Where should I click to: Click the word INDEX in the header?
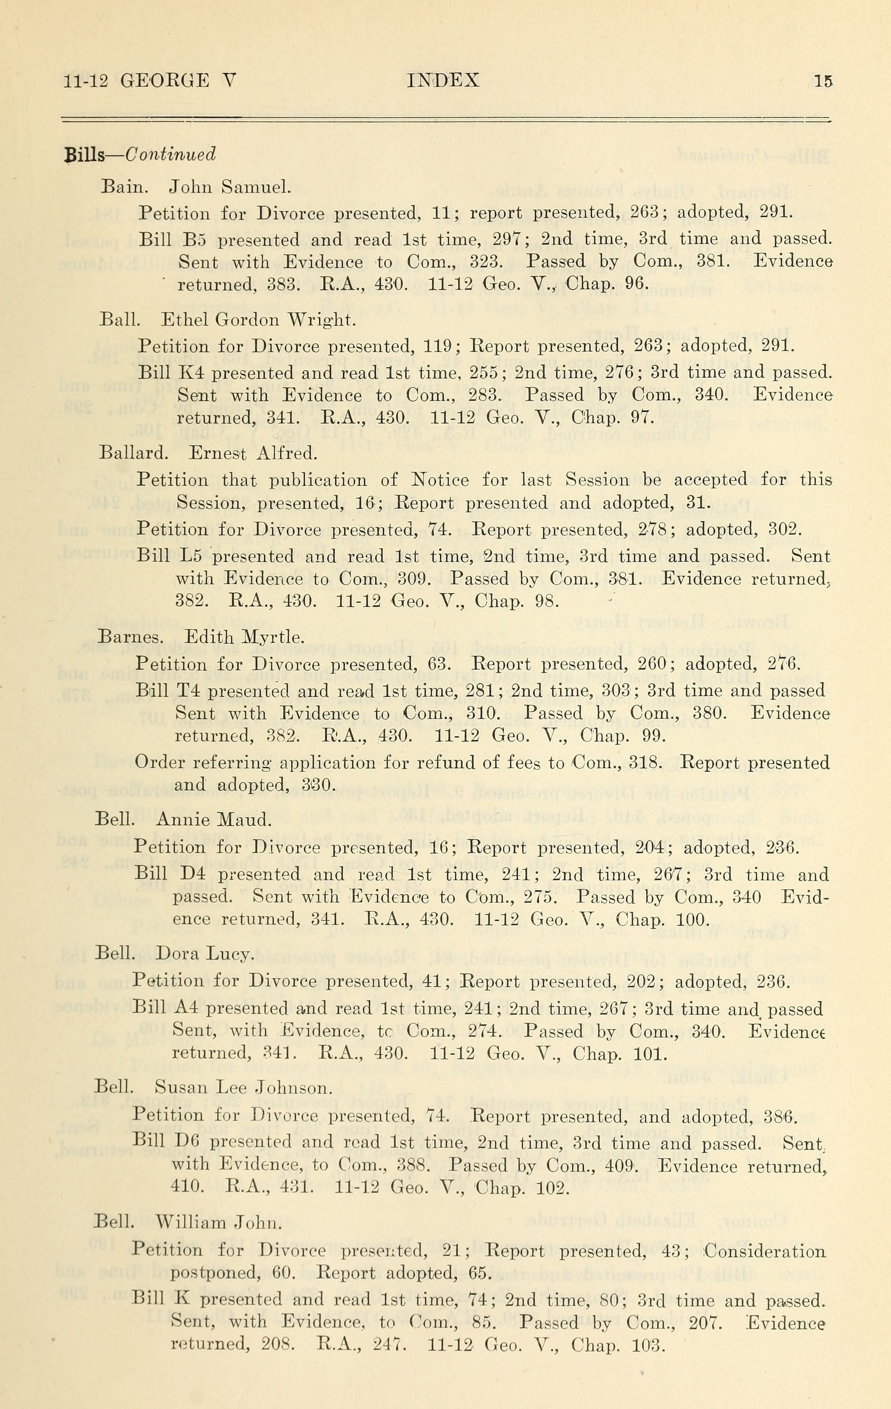(443, 80)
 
